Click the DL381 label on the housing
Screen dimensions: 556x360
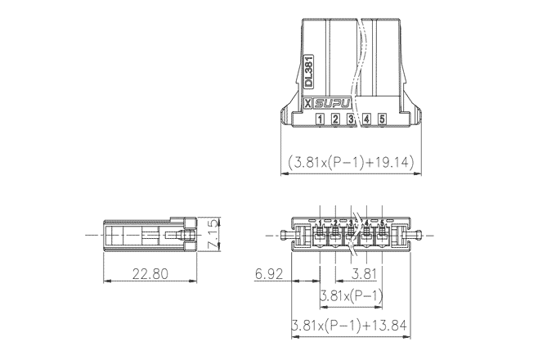[x=309, y=71]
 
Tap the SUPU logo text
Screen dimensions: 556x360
[x=333, y=104]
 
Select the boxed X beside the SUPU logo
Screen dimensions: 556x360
[x=308, y=104]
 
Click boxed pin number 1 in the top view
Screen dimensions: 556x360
[x=320, y=119]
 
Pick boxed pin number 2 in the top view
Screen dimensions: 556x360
[x=335, y=119]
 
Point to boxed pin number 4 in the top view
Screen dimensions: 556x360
[x=366, y=119]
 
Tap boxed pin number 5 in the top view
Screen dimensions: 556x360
[x=382, y=119]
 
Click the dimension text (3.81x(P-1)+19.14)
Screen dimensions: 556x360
[x=351, y=162]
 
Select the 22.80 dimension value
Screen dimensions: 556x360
[x=150, y=274]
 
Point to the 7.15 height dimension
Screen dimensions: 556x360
[x=213, y=234]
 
